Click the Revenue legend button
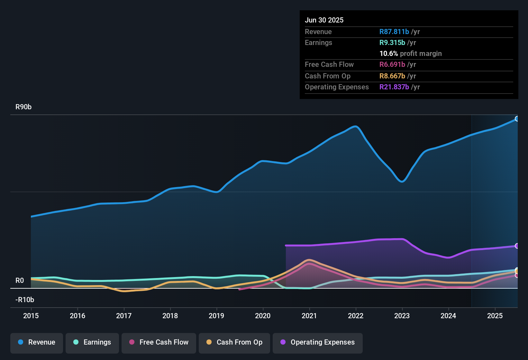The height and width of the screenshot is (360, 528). pos(37,342)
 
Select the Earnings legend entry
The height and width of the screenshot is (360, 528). pos(92,342)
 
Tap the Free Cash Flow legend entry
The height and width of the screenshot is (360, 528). pos(159,342)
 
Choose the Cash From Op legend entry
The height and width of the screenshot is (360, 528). pos(234,342)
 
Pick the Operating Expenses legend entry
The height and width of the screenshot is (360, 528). pos(318,342)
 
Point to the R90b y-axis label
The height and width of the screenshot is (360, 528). pos(23,107)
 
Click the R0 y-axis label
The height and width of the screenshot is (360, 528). pos(20,281)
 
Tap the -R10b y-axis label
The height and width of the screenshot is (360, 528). pos(25,300)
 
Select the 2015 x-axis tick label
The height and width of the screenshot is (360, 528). pos(31,316)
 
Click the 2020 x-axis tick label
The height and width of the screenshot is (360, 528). pos(263,316)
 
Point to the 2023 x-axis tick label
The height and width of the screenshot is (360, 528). pos(402,316)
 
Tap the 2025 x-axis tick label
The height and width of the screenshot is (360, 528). pos(495,316)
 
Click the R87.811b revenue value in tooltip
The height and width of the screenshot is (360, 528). pos(394,32)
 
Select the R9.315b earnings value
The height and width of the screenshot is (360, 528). pos(392,43)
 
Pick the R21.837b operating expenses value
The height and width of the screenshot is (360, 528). pos(394,87)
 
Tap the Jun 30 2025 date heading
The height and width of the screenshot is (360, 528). pos(324,20)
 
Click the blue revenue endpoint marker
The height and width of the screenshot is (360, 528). pos(517,119)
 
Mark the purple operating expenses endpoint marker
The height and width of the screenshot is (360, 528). pos(517,246)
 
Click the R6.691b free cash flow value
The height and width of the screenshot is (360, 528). pos(392,65)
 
